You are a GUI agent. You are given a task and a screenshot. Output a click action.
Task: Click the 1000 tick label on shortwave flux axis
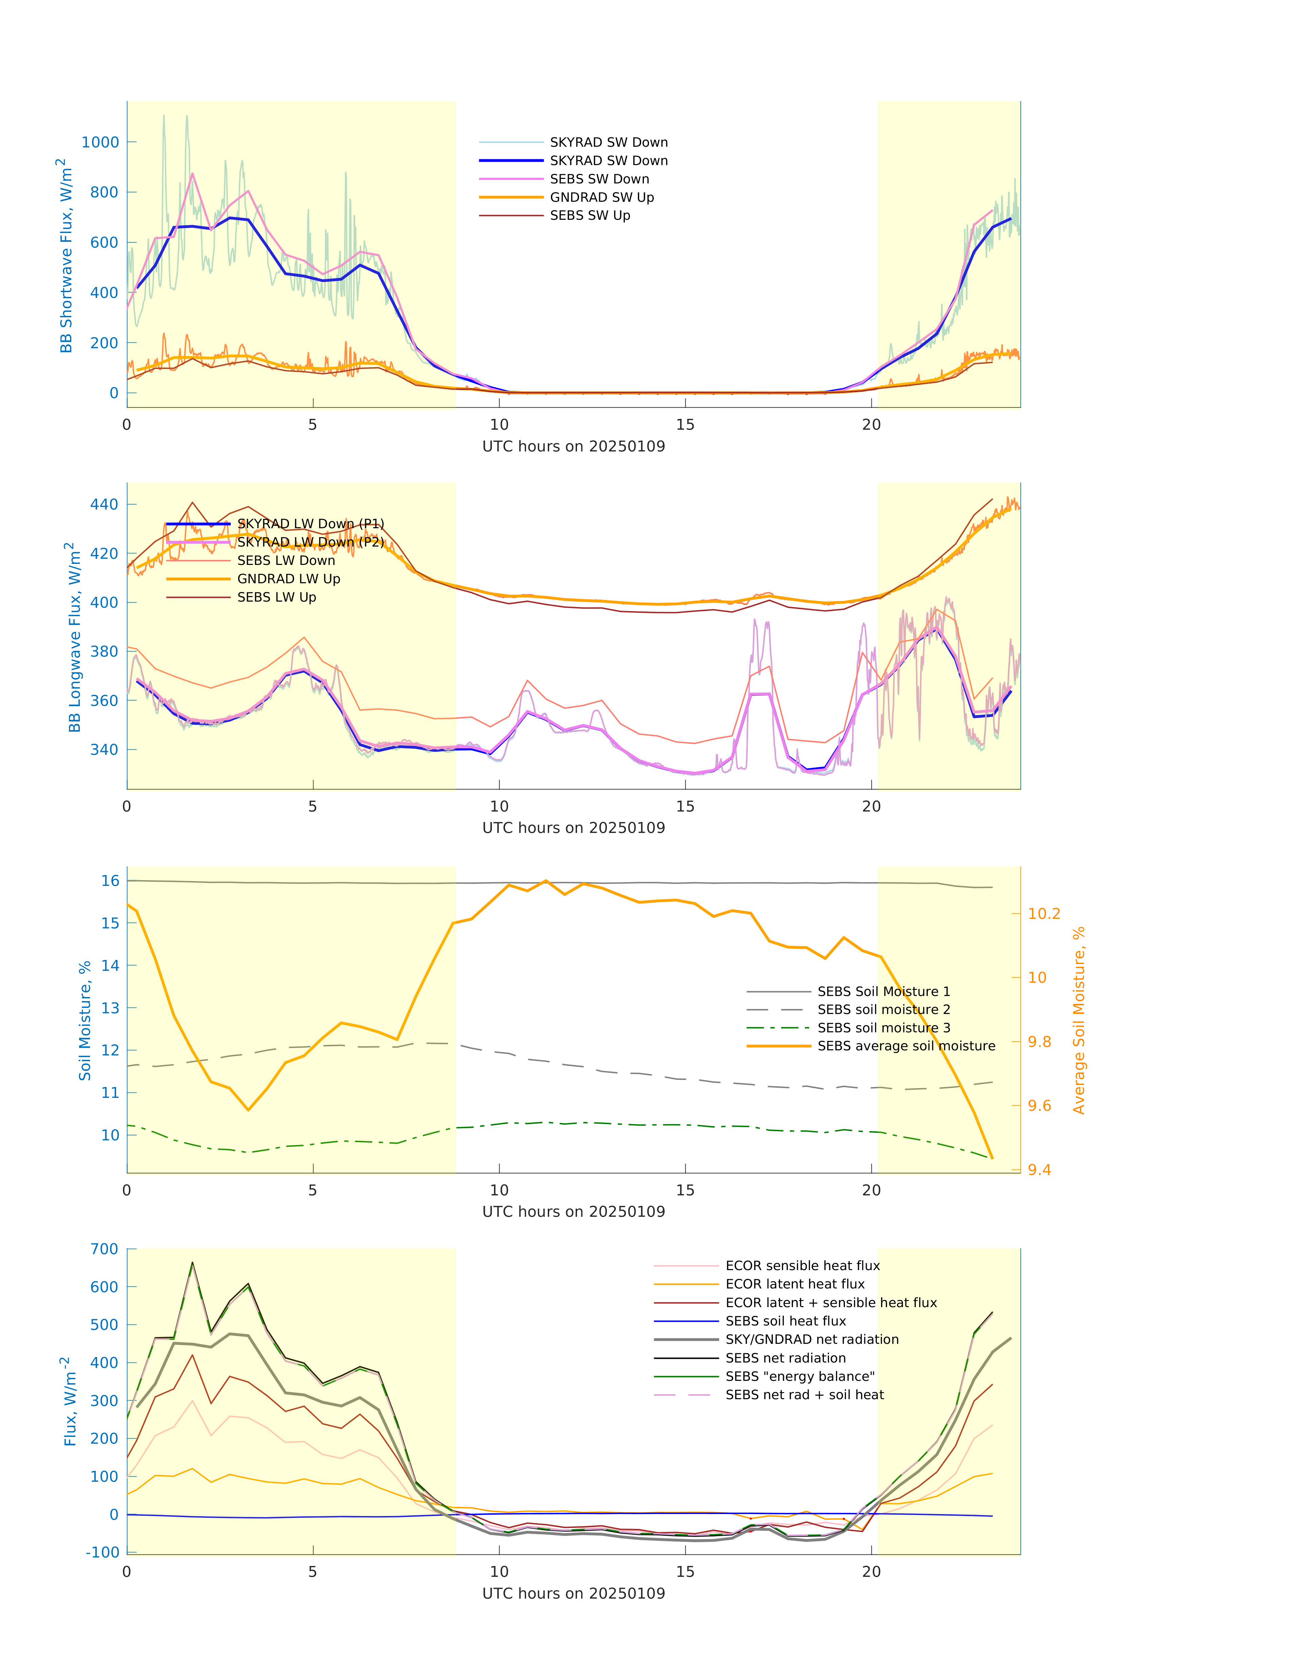tap(101, 142)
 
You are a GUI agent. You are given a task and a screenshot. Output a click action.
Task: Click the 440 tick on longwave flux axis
tap(104, 504)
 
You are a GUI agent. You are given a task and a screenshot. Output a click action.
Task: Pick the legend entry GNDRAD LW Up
tap(288, 579)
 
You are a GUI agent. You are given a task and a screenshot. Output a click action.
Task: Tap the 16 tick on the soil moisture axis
tap(110, 881)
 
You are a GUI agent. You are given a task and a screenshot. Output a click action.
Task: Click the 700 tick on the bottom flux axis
tap(104, 1249)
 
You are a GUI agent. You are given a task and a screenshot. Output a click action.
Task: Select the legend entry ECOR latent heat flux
tap(795, 1284)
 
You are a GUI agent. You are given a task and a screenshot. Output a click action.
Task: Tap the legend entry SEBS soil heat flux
tap(786, 1321)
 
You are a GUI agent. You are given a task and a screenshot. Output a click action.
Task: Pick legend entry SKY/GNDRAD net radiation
tap(812, 1339)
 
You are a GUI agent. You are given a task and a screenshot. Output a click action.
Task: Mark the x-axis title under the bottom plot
tap(574, 1593)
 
